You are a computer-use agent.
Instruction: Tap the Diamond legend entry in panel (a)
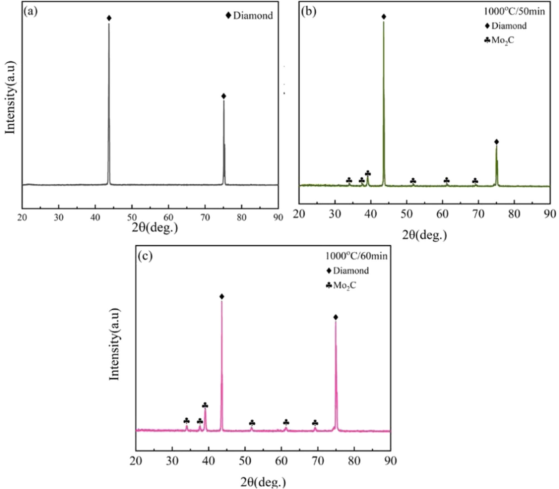click(x=249, y=16)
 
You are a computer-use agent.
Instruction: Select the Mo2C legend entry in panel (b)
click(x=499, y=41)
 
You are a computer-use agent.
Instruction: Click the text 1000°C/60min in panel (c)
click(x=356, y=256)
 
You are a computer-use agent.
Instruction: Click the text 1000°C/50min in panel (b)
click(x=514, y=11)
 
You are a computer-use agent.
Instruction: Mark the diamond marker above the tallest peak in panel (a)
click(x=109, y=18)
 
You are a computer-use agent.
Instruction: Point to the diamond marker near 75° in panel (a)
click(x=224, y=96)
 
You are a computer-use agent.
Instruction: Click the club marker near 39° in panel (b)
click(x=368, y=173)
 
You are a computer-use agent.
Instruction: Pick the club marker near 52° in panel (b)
click(x=413, y=181)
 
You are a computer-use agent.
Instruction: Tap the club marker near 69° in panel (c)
click(x=315, y=423)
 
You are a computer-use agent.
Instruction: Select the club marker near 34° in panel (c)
click(x=186, y=421)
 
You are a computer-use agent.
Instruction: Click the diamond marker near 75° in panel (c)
click(x=336, y=317)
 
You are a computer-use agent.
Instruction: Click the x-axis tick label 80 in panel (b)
click(x=514, y=214)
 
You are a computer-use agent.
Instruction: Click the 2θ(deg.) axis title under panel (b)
click(x=424, y=235)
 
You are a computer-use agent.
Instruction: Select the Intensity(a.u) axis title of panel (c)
click(x=114, y=344)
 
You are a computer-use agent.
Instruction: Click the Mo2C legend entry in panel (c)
click(x=341, y=285)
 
